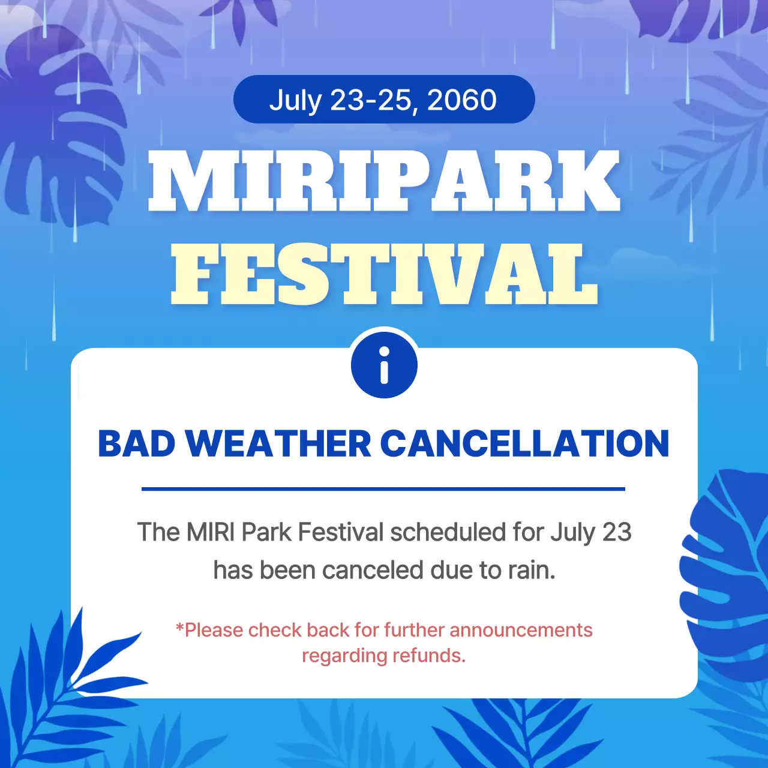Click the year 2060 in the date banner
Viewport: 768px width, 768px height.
pyautogui.click(x=462, y=100)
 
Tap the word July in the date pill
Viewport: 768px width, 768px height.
pyautogui.click(x=295, y=100)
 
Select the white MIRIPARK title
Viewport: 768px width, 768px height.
pyautogui.click(x=384, y=181)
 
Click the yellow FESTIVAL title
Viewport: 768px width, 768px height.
pyautogui.click(x=384, y=274)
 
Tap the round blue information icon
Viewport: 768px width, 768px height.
pyautogui.click(x=384, y=365)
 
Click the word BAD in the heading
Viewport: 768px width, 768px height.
pyautogui.click(x=137, y=444)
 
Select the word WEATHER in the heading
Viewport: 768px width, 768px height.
pyautogui.click(x=278, y=444)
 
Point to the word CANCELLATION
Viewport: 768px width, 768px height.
pyautogui.click(x=524, y=444)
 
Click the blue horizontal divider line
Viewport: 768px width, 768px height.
pyautogui.click(x=383, y=489)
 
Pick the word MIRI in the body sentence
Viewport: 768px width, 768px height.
pyautogui.click(x=211, y=532)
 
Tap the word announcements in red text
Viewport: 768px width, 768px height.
pyautogui.click(x=521, y=630)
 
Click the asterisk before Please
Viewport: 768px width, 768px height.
pyautogui.click(x=179, y=628)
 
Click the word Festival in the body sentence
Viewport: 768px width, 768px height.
pyautogui.click(x=340, y=532)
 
